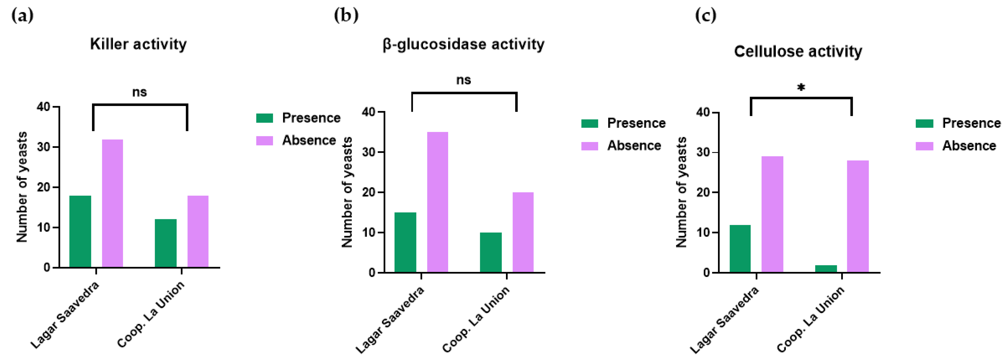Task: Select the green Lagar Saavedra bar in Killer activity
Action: click(x=80, y=231)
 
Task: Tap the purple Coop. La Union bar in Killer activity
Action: click(x=198, y=231)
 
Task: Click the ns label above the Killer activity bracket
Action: click(x=139, y=92)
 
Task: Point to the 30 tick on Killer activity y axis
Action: click(x=44, y=147)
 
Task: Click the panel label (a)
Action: click(x=22, y=16)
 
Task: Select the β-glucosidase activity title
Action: click(x=463, y=44)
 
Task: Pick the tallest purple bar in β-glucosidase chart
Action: click(x=437, y=202)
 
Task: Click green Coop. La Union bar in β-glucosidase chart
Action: click(x=491, y=252)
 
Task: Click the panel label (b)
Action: click(x=346, y=16)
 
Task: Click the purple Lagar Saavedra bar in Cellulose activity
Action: click(x=772, y=214)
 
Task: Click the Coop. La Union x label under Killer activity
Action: click(x=151, y=314)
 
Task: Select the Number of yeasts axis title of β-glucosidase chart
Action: click(x=347, y=192)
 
